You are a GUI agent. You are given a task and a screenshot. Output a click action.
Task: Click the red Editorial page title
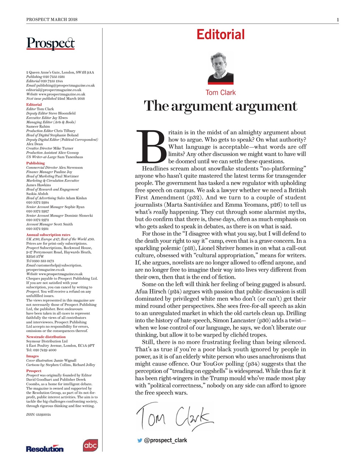tap(220, 35)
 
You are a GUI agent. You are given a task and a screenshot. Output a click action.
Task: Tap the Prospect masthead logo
tap(50, 43)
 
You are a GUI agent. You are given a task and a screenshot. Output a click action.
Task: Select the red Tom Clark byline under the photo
tap(221, 93)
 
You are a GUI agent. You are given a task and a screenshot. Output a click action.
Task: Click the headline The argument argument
tap(220, 106)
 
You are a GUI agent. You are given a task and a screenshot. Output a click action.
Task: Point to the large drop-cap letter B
tap(151, 147)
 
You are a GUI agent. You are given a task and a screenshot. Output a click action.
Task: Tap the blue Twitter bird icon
tap(140, 440)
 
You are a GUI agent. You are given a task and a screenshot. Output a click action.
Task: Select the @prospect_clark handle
tap(165, 440)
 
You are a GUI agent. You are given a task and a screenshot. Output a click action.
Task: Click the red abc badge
tap(90, 446)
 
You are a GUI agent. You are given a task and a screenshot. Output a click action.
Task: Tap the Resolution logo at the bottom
tap(44, 449)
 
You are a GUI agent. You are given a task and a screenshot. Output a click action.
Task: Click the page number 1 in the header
tap(338, 20)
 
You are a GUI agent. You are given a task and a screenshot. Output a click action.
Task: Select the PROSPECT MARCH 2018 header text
tap(52, 20)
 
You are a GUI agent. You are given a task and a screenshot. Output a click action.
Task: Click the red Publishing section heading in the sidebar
tap(35, 163)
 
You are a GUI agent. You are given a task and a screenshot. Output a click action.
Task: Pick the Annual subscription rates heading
tap(48, 235)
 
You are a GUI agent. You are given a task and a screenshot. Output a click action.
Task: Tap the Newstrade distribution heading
tap(46, 337)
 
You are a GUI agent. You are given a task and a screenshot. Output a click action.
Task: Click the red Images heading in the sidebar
tap(32, 356)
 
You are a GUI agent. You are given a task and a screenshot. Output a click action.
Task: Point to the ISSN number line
tap(38, 414)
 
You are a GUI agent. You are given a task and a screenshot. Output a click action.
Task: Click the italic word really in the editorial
tap(160, 212)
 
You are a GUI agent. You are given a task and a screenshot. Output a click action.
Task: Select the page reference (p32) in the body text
tap(195, 198)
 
